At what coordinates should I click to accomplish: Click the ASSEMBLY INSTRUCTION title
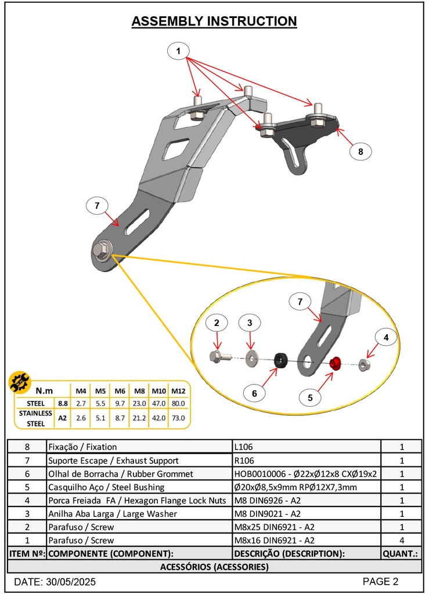coord(214,21)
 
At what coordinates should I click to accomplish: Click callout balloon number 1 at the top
coord(179,51)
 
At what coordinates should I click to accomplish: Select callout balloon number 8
coord(360,151)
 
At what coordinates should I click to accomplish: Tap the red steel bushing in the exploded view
coord(335,364)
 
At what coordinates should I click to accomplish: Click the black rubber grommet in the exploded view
coord(280,361)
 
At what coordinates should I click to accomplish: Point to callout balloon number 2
coord(217,323)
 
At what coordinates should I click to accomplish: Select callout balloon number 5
coord(311,398)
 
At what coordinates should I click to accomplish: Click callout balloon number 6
coord(254,393)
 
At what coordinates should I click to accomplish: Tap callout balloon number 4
coord(385,337)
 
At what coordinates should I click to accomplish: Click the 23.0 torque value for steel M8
coord(139,403)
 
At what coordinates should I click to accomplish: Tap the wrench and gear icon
coord(21,383)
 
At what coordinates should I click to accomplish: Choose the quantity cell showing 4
coord(401,540)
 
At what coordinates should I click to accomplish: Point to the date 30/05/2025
coord(55,582)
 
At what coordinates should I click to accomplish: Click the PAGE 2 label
coord(380,581)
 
